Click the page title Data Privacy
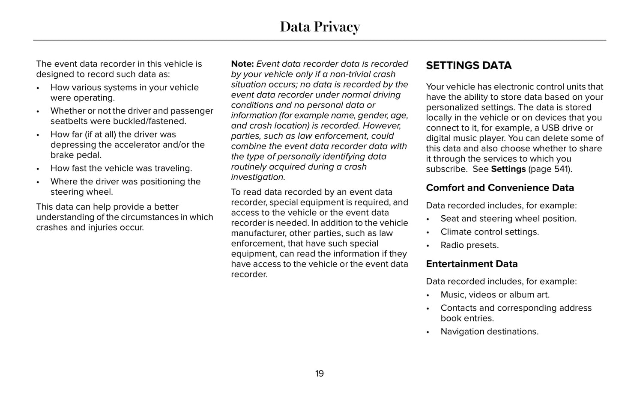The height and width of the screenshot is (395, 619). pyautogui.click(x=320, y=27)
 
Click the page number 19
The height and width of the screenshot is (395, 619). pyautogui.click(x=320, y=374)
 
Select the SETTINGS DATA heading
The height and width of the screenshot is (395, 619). pyautogui.click(x=469, y=65)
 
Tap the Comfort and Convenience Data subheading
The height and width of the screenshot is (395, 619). pyautogui.click(x=500, y=188)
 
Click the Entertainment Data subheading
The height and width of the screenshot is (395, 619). pyautogui.click(x=472, y=264)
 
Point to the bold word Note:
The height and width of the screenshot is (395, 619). pyautogui.click(x=242, y=64)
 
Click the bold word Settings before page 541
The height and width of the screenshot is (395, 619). pyautogui.click(x=508, y=169)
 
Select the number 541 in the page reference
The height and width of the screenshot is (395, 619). pyautogui.click(x=561, y=169)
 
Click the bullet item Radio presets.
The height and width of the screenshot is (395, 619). pyautogui.click(x=469, y=245)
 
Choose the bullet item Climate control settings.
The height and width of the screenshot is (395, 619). pyautogui.click(x=490, y=232)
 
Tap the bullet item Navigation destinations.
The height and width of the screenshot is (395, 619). pyautogui.click(x=490, y=332)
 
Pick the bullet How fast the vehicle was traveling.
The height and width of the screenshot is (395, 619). pyautogui.click(x=121, y=168)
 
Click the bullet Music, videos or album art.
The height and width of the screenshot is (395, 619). pyautogui.click(x=495, y=295)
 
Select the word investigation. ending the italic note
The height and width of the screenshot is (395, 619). pyautogui.click(x=258, y=177)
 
